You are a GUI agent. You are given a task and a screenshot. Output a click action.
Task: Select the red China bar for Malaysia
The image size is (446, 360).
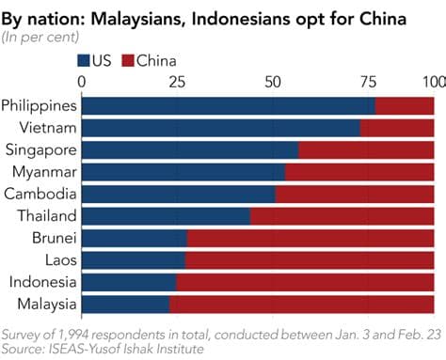coord(301,304)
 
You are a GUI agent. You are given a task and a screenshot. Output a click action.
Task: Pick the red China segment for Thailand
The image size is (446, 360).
coord(342,216)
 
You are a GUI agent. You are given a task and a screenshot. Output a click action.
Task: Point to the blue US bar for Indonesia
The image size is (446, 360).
coord(129,282)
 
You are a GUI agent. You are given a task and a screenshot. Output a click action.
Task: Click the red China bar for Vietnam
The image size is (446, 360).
coord(396,128)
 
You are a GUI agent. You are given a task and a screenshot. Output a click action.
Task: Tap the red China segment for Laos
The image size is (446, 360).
coord(310,260)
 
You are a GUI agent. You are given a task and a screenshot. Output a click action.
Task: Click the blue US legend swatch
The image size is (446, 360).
coord(84,61)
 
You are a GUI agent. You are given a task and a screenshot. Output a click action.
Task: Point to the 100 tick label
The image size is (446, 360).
coord(435,82)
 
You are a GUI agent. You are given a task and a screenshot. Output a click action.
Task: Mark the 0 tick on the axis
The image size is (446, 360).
coord(83,82)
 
